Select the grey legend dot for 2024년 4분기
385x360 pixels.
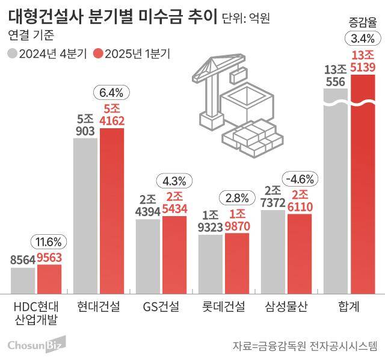click(x=13, y=54)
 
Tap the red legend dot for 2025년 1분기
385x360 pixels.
click(x=99, y=54)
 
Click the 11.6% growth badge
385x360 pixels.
click(x=49, y=242)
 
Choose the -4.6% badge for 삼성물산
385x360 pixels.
click(x=299, y=179)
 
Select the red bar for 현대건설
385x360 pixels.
click(x=111, y=211)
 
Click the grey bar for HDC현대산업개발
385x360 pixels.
click(x=23, y=279)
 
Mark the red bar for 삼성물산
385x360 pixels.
click(x=300, y=253)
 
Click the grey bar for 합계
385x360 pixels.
click(x=335, y=199)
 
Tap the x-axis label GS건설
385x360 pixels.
click(x=161, y=307)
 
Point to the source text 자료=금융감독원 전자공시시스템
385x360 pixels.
click(x=304, y=346)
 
